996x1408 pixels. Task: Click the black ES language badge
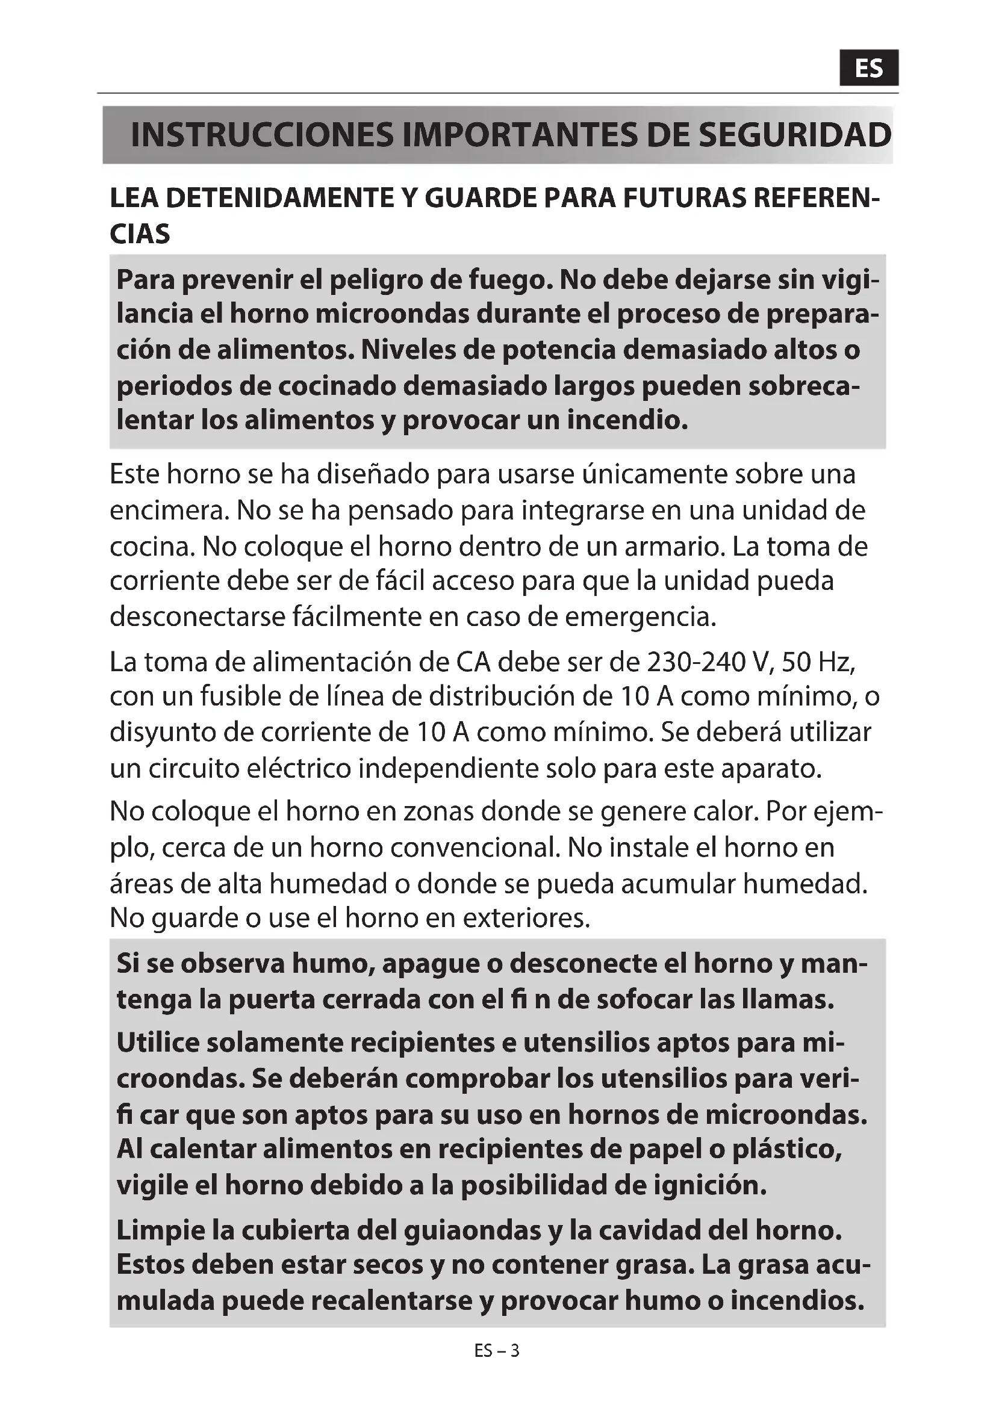(868, 68)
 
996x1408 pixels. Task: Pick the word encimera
(167, 510)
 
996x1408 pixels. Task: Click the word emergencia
(640, 617)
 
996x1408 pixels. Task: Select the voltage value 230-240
(695, 662)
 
